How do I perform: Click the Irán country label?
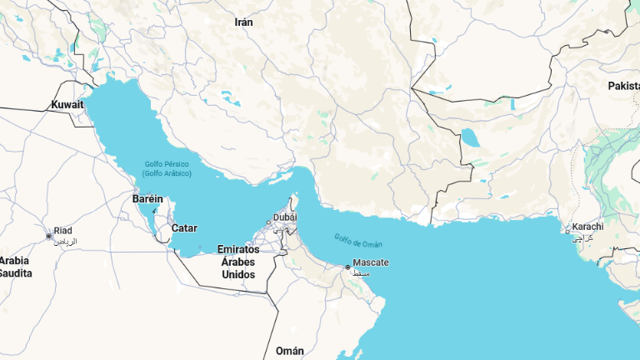point(243,22)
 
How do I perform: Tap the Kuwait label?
point(67,105)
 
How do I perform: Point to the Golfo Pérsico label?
point(167,164)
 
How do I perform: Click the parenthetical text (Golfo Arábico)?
point(167,173)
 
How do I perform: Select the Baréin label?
point(147,199)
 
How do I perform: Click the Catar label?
point(184,227)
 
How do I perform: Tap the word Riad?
point(63,231)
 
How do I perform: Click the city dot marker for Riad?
point(49,236)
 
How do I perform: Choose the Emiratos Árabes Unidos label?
point(238,262)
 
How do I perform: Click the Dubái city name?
point(285,217)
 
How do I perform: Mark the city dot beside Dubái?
point(268,222)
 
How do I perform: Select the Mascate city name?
point(371,262)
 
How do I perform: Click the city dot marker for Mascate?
point(348,267)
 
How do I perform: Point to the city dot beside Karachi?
point(568,232)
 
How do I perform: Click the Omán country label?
point(289,351)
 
